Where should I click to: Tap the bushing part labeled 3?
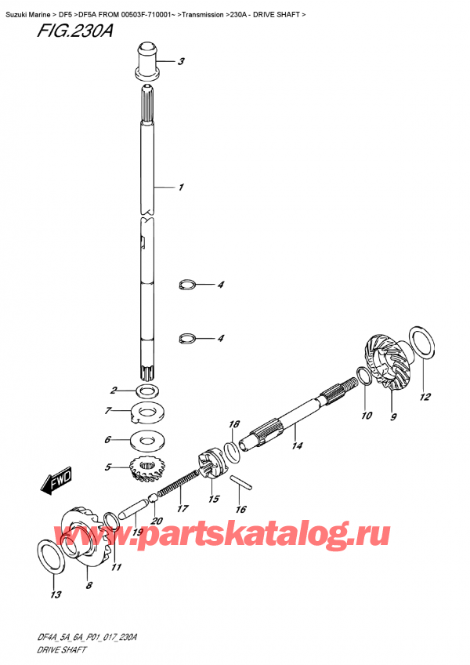[147, 62]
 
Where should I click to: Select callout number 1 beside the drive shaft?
[180, 187]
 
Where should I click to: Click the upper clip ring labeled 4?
[187, 285]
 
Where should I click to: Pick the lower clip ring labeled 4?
[187, 339]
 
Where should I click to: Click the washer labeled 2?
[146, 390]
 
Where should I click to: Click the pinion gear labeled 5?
[141, 471]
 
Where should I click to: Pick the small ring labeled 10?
[361, 379]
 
